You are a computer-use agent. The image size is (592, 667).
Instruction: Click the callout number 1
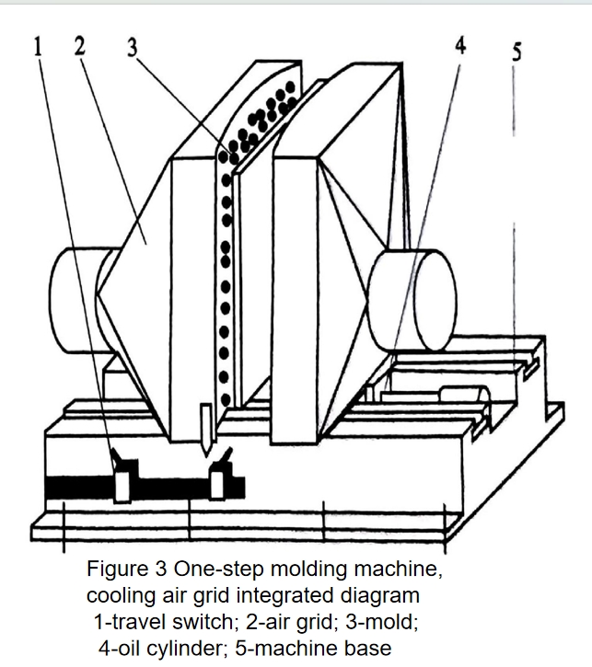pyautogui.click(x=38, y=46)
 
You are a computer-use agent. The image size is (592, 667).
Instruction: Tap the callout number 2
pyautogui.click(x=79, y=45)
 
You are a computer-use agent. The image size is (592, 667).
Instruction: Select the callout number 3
pyautogui.click(x=133, y=47)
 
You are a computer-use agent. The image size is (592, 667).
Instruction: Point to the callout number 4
pyautogui.click(x=460, y=44)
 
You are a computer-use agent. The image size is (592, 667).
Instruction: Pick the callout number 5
pyautogui.click(x=517, y=52)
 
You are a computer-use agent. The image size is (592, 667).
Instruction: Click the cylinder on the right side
pyautogui.click(x=412, y=300)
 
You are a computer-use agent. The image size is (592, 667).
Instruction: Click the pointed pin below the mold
pyautogui.click(x=206, y=430)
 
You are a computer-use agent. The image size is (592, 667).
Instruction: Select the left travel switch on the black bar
pyautogui.click(x=122, y=478)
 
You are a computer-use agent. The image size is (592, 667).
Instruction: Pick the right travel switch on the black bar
pyautogui.click(x=220, y=475)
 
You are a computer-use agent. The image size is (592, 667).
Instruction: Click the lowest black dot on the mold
pyautogui.click(x=226, y=399)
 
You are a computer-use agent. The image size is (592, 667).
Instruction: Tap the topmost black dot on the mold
pyautogui.click(x=290, y=87)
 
